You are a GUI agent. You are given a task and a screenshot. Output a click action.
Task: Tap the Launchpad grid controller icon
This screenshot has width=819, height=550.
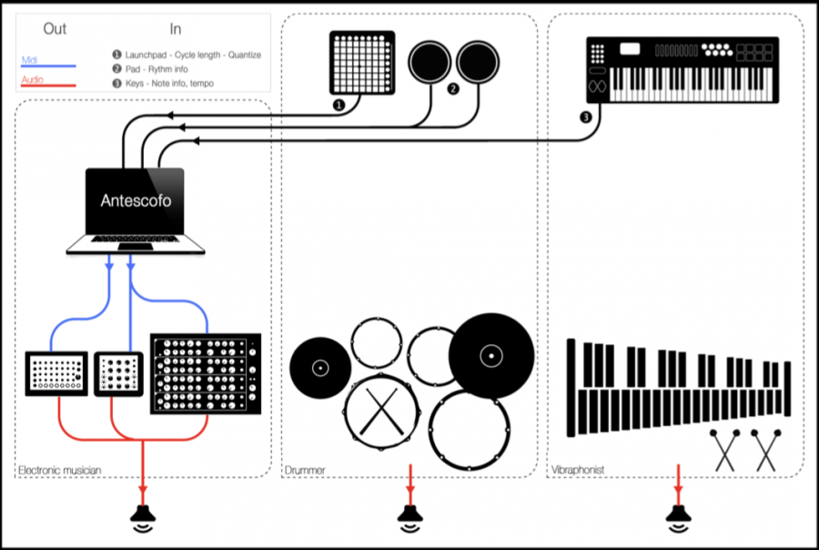[x=362, y=63]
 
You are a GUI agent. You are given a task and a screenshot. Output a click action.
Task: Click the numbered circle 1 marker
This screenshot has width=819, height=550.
[x=339, y=106]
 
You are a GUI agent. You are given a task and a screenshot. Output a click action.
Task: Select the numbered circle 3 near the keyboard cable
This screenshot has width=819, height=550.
[x=585, y=117]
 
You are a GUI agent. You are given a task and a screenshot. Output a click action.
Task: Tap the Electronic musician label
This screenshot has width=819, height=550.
[x=59, y=470]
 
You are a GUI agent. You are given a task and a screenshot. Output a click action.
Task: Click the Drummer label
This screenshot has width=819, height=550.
[x=305, y=470]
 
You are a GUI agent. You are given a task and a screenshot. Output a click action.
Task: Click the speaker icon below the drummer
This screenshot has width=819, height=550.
[x=409, y=518]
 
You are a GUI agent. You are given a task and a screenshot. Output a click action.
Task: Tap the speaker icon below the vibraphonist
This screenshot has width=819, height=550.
[x=677, y=518]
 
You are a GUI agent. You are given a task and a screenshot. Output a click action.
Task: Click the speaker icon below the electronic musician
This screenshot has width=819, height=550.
[x=143, y=518]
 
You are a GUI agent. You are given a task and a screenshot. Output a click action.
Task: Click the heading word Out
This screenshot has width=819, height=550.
[x=55, y=28]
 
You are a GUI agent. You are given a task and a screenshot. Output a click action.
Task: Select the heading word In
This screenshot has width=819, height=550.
[x=176, y=28]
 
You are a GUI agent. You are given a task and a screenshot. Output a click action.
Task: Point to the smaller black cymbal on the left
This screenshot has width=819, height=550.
[x=319, y=368]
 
